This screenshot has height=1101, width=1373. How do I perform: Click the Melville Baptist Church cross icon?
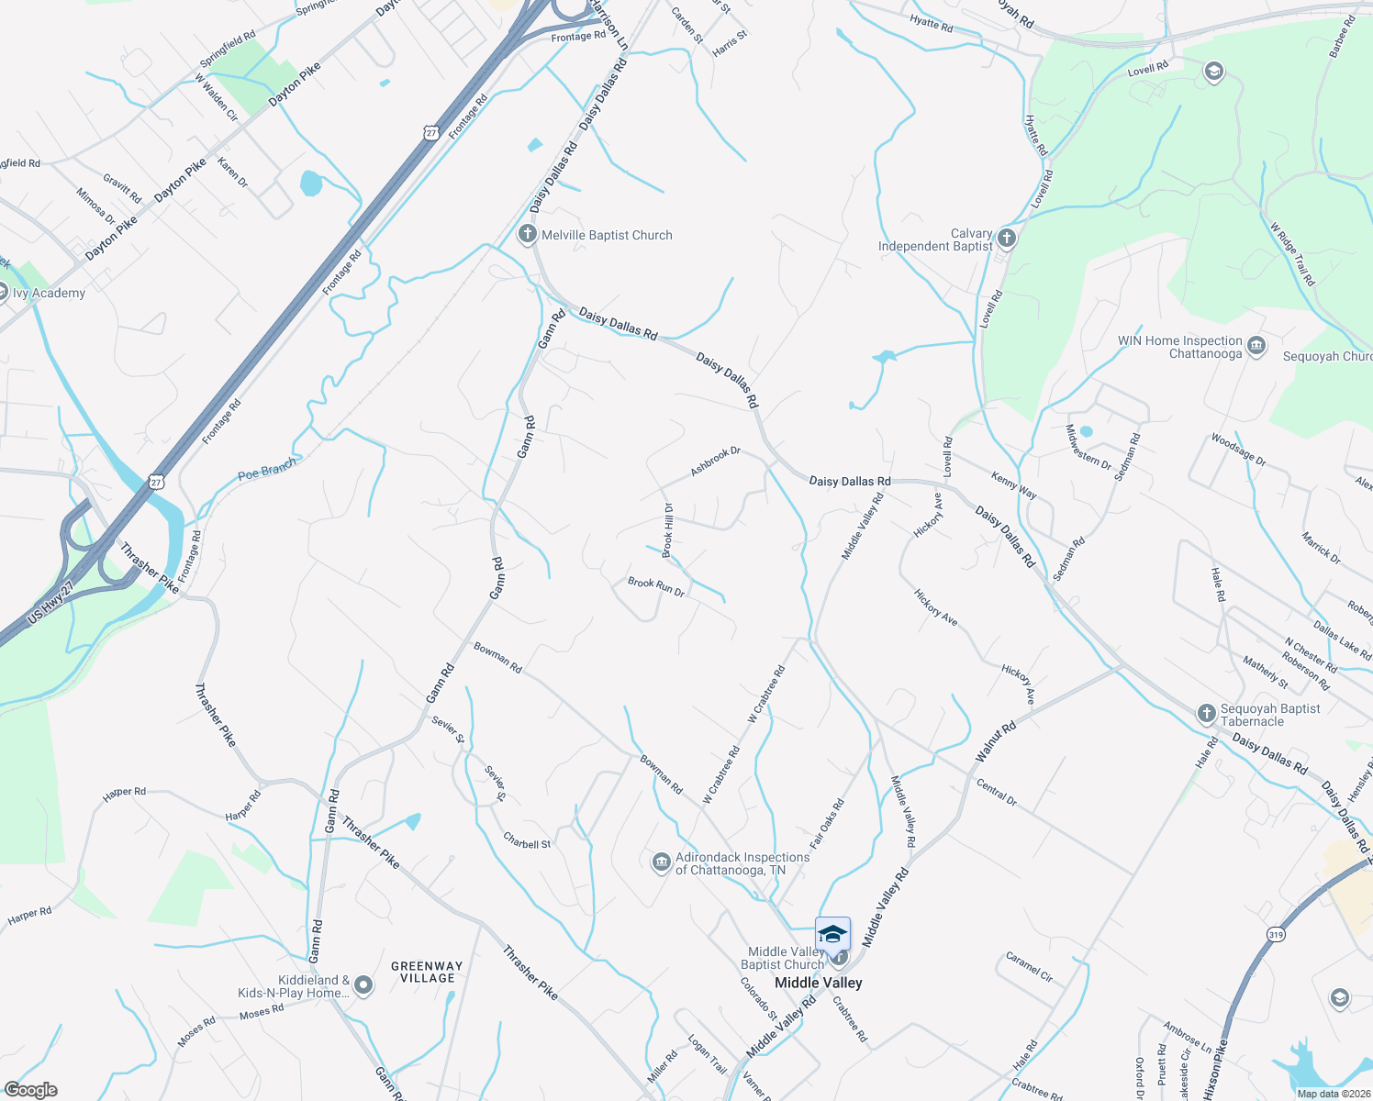[x=527, y=234]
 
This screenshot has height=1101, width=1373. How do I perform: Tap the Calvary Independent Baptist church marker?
[x=1006, y=239]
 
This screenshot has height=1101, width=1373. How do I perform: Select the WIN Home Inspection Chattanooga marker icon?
[x=1256, y=347]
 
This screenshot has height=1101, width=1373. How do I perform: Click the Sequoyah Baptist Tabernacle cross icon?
[x=1206, y=714]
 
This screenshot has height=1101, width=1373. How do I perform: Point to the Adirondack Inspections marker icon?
[x=661, y=863]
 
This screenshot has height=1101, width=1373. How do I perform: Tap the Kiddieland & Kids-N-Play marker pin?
[x=363, y=985]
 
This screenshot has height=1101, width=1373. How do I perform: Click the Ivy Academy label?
[x=49, y=293]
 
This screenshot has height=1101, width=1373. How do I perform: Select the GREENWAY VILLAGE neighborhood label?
[x=427, y=972]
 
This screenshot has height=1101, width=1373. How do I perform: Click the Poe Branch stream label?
[x=267, y=470]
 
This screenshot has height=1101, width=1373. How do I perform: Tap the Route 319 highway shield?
[x=1276, y=935]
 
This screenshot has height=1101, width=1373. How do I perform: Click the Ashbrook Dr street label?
[x=715, y=462]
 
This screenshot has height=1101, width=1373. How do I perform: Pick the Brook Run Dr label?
[x=656, y=587]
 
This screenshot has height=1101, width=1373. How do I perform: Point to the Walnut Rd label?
[x=995, y=741]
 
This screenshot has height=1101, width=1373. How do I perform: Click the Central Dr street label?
[x=997, y=793]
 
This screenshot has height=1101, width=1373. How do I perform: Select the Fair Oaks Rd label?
[x=827, y=823]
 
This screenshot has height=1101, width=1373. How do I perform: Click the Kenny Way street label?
[x=1013, y=485]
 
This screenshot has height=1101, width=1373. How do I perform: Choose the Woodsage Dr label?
[x=1238, y=450]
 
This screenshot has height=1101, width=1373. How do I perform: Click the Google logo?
[x=30, y=1090]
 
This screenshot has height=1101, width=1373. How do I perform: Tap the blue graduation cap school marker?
[x=832, y=934]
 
